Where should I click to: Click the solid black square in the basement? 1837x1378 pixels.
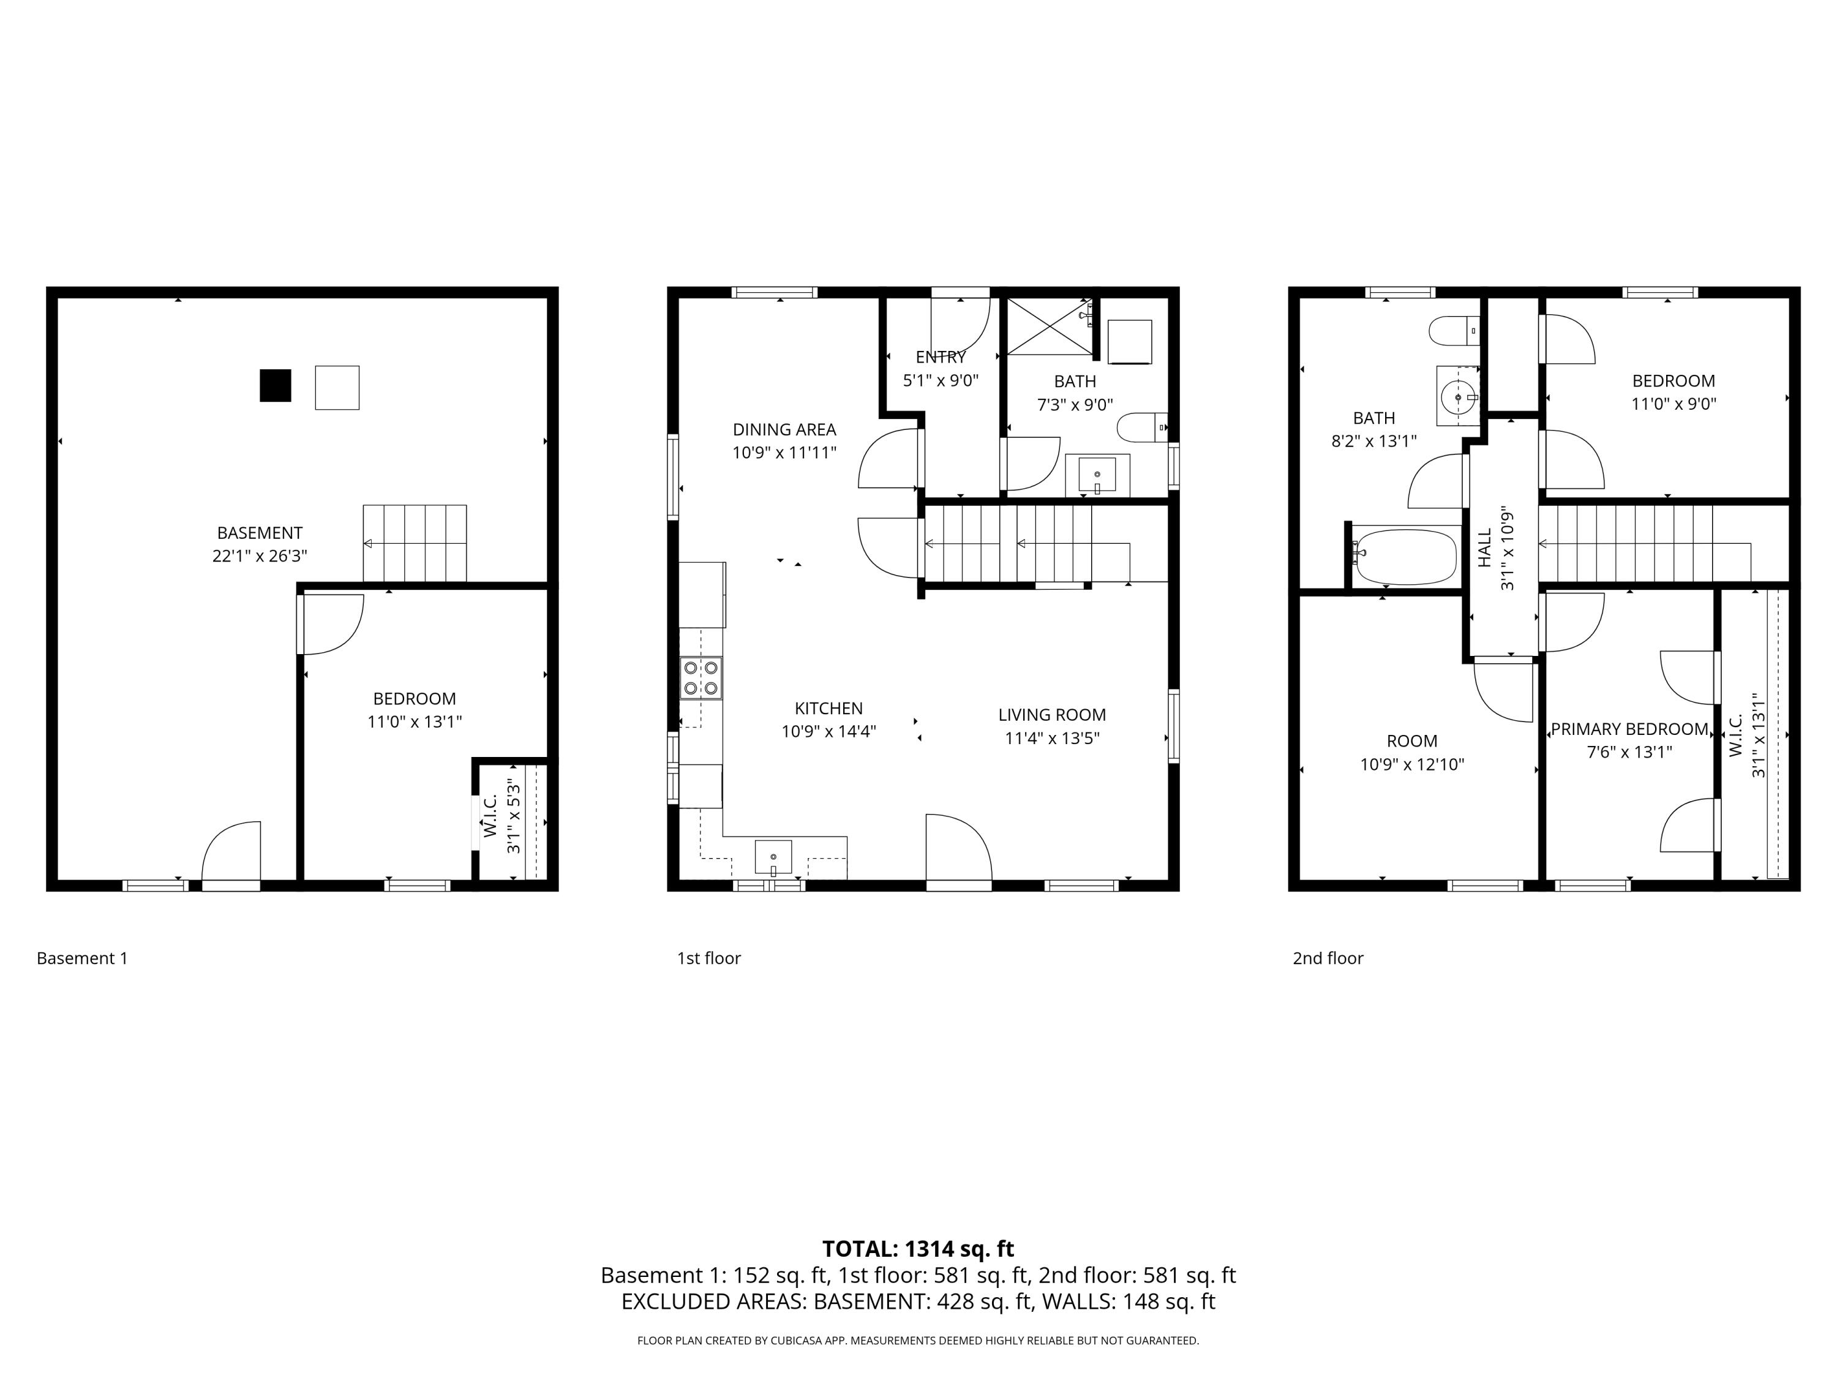click(275, 385)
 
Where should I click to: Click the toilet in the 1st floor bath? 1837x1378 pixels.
click(1142, 427)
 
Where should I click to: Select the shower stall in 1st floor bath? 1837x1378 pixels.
click(1050, 326)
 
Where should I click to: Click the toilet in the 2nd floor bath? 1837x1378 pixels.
click(1453, 331)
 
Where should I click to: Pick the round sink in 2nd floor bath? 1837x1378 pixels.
click(1459, 397)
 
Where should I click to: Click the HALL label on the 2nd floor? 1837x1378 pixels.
click(1485, 548)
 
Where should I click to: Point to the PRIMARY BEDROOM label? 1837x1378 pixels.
click(1629, 729)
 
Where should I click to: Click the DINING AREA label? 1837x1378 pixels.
click(784, 429)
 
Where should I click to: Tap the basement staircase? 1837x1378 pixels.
click(415, 543)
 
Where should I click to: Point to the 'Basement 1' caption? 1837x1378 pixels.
click(82, 958)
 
